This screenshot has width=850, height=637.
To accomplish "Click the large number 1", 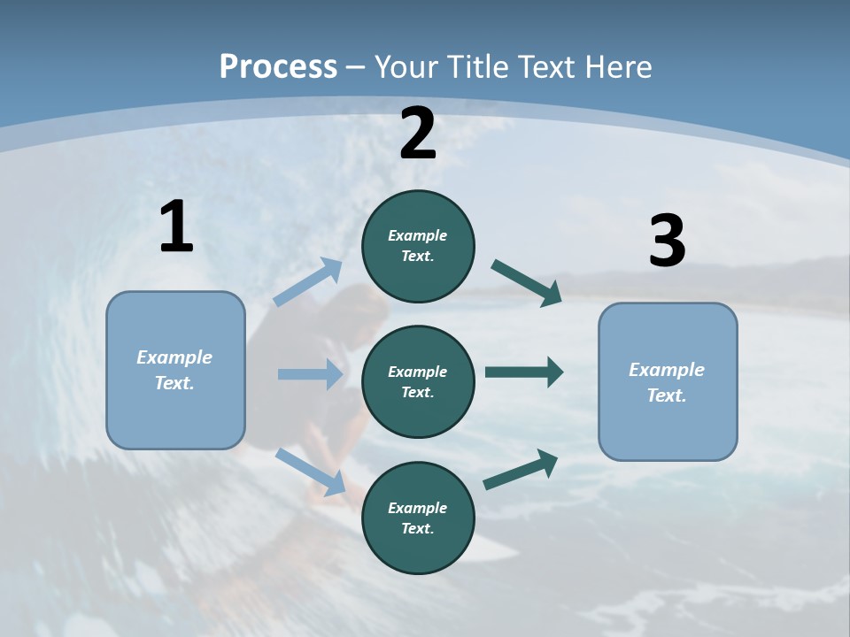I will pyautogui.click(x=176, y=227).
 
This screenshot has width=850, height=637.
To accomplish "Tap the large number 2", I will pyautogui.click(x=418, y=134).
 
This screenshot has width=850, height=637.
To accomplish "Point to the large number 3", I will pyautogui.click(x=668, y=242).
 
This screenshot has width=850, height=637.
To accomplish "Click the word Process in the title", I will pyautogui.click(x=278, y=66).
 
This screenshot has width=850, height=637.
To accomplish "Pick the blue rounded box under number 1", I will pyautogui.click(x=175, y=370).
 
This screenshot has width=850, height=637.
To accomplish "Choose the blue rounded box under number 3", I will pyautogui.click(x=668, y=381).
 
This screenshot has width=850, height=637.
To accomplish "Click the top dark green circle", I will pyautogui.click(x=418, y=246).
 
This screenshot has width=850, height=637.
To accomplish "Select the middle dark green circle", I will pyautogui.click(x=418, y=381).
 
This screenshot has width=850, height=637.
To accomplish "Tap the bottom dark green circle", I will pyautogui.click(x=418, y=518).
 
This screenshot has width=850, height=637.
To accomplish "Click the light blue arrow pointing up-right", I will pyautogui.click(x=309, y=282).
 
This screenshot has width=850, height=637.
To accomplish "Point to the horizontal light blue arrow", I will pyautogui.click(x=310, y=374).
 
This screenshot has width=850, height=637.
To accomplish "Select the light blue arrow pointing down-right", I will pyautogui.click(x=311, y=471).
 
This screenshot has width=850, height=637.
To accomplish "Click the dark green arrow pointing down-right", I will pyautogui.click(x=527, y=283).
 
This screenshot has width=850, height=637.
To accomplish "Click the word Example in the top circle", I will pyautogui.click(x=418, y=235).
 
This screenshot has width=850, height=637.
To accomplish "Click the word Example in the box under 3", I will pyautogui.click(x=667, y=370).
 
